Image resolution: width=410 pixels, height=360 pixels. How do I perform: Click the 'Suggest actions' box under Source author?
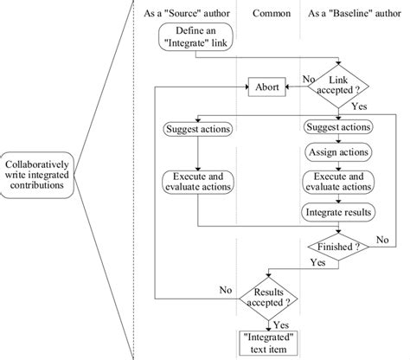pos(198,131)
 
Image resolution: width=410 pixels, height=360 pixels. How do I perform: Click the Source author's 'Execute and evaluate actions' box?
pos(198,183)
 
